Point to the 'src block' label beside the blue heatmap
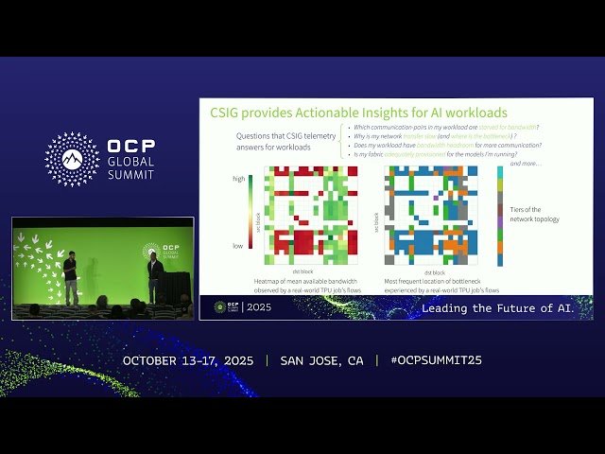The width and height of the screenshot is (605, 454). coord(377,216)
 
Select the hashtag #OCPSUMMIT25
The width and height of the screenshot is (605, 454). coord(436,361)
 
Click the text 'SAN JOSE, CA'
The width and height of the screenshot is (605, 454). coord(321,361)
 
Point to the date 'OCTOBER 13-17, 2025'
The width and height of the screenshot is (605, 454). coord(189,361)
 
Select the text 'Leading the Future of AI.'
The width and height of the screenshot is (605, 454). coord(504,308)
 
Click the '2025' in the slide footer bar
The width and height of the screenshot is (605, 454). coord(259,307)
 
